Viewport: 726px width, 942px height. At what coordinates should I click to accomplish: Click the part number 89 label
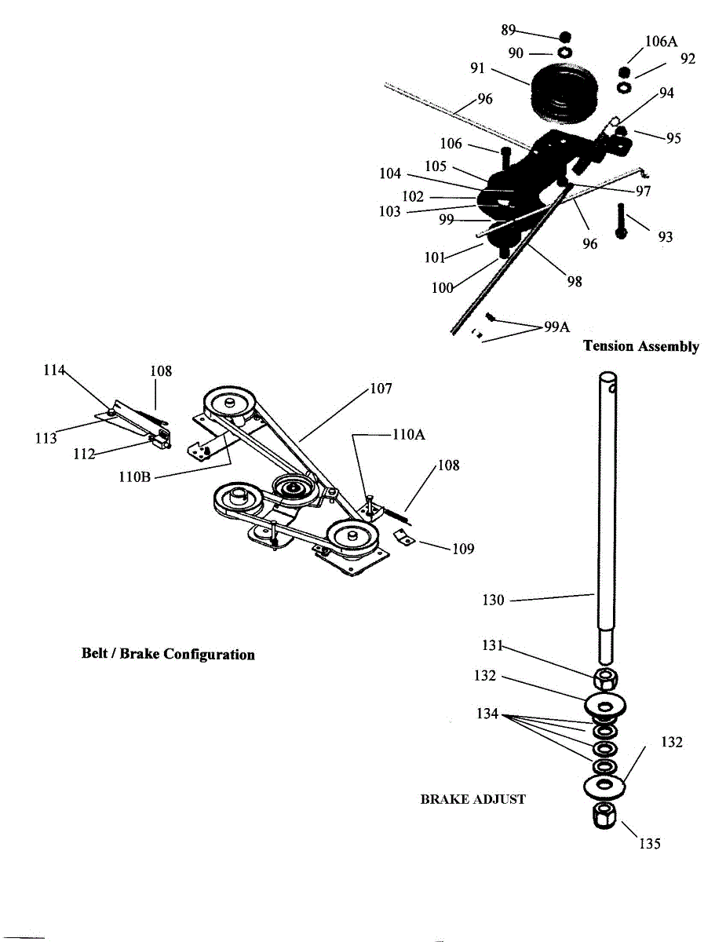point(508,30)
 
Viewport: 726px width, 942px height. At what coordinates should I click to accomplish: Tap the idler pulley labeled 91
point(564,95)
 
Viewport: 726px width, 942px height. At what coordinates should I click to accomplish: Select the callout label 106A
point(661,42)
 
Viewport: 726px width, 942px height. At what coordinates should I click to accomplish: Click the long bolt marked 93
point(621,221)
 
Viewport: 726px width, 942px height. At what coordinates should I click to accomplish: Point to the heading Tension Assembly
point(640,346)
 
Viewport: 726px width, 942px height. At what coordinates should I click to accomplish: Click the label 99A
point(557,327)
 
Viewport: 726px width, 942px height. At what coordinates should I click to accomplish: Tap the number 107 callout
point(381,389)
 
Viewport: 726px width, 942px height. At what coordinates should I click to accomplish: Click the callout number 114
point(53,371)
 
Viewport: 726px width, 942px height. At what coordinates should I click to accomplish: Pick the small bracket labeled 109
point(404,538)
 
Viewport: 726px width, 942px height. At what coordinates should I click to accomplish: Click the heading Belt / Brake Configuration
point(168,654)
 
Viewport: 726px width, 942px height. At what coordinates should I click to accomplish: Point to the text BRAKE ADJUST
point(472,799)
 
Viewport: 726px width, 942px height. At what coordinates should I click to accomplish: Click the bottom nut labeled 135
point(604,816)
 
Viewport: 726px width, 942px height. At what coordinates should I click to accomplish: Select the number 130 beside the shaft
point(493,600)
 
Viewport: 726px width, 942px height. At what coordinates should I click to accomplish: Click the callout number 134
point(487,714)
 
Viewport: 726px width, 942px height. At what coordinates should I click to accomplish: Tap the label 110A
point(409,434)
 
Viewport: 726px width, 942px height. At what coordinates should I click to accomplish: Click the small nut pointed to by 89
point(565,36)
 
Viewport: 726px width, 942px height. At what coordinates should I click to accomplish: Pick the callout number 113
point(46,438)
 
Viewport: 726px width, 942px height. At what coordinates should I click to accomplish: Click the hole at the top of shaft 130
point(613,388)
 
